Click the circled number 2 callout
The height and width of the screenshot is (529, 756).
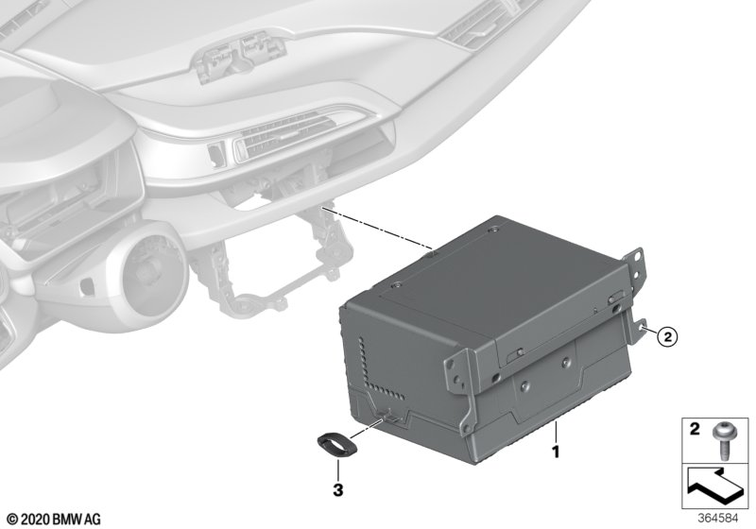[x=667, y=336]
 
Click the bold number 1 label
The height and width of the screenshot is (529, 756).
[x=556, y=452]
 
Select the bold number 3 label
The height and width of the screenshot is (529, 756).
[x=338, y=490]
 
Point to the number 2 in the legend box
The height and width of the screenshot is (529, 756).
[x=695, y=428]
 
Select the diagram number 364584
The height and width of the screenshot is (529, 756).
[x=718, y=519]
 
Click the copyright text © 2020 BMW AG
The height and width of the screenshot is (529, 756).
[x=55, y=520]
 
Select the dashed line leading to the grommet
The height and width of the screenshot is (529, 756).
[x=369, y=428]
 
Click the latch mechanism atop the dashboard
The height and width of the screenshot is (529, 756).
[x=237, y=57]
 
